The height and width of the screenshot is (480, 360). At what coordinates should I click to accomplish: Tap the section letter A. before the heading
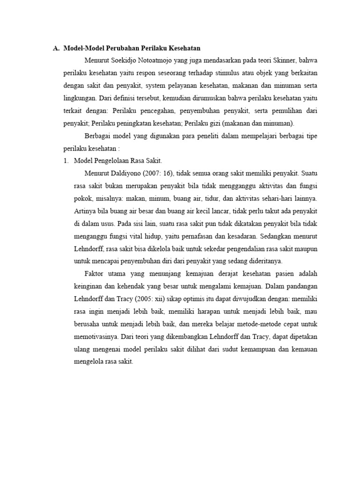[56, 48]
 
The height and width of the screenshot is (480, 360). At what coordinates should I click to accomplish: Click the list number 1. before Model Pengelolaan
[66, 160]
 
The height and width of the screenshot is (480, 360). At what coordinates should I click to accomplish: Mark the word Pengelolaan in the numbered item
[113, 160]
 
